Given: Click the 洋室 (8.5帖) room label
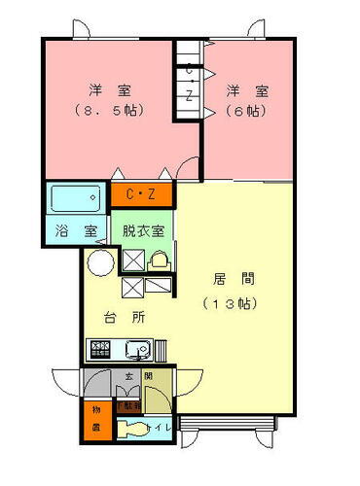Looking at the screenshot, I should tap(109, 99).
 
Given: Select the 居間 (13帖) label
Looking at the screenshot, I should tap(229, 290).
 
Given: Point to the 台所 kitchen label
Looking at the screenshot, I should tap(126, 317).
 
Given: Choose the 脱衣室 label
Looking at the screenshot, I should tap(143, 231).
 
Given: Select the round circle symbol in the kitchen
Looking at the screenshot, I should tap(100, 262).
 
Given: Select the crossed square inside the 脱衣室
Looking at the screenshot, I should tap(131, 260).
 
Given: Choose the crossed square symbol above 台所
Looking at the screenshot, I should tap(132, 287).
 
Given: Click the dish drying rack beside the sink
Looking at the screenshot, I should tap(162, 348).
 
